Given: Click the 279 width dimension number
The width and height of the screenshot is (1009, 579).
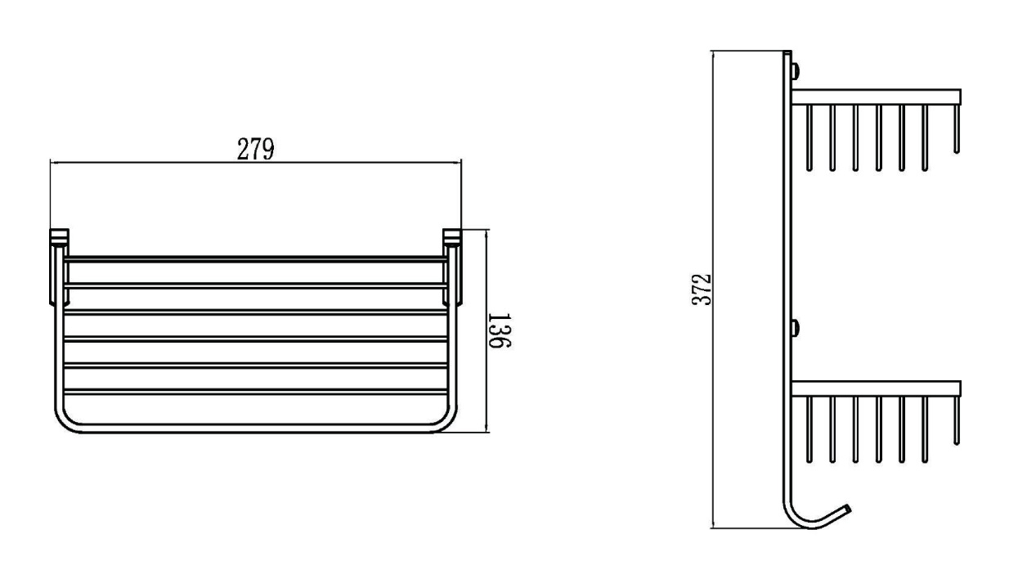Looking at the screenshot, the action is pos(255,149).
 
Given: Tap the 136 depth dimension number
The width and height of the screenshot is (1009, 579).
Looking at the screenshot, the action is pos(500,330).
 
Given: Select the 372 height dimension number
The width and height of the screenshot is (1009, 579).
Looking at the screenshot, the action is pos(702,289).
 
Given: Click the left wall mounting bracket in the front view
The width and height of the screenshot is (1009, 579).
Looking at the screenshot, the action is pos(59,267).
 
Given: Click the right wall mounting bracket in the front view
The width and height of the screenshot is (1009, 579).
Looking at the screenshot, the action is pos(452,267).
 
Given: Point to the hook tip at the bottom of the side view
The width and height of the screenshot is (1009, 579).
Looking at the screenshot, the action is pos(849,508).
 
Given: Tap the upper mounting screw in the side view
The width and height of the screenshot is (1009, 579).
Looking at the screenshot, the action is pos(796,71).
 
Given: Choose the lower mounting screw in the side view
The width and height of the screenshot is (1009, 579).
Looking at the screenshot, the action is pos(796,328).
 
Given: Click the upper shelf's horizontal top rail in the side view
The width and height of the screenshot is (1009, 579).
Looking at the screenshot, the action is pos(876,96).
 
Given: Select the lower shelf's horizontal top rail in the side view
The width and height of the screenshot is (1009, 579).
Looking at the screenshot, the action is pos(876,388).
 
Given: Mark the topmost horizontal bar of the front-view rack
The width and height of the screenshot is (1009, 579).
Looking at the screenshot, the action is pos(256,259).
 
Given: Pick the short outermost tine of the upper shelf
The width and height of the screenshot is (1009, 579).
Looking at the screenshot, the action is pos(957,129).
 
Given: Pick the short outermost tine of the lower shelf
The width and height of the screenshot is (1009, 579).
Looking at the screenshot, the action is pos(957,421).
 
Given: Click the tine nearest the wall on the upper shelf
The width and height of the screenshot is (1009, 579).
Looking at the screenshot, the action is pos(809,138).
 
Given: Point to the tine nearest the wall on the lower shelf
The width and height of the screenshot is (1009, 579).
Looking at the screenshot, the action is pos(809,430).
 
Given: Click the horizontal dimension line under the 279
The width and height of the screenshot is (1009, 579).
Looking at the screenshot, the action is pos(256,163).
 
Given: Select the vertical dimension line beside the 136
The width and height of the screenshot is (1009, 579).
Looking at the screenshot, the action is pos(487,331).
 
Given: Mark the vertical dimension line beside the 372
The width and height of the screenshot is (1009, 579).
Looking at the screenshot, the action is pos(713,289).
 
